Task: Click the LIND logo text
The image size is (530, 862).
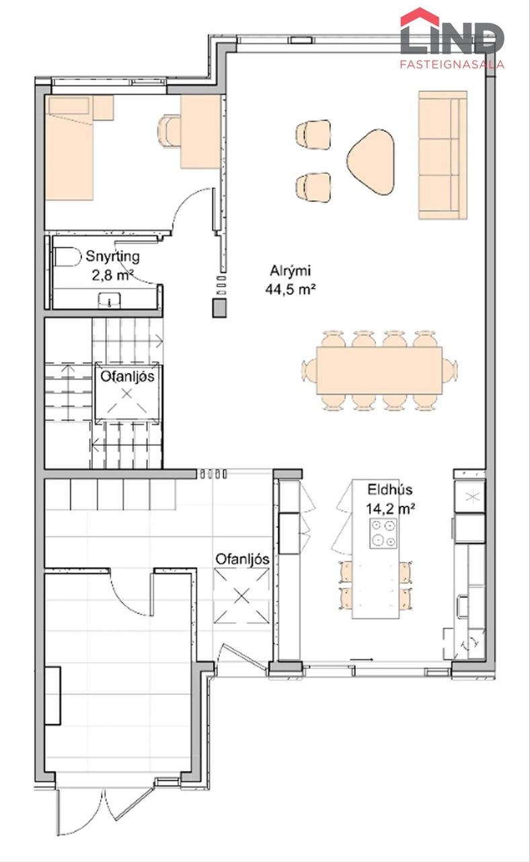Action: [x=452, y=38]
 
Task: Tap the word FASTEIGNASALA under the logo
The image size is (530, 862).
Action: [x=452, y=64]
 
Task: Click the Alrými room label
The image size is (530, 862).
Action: [x=290, y=271]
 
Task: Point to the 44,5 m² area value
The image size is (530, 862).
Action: [x=291, y=289]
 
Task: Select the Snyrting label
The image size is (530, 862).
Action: [x=112, y=257]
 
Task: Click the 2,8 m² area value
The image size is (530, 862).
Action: [x=112, y=275]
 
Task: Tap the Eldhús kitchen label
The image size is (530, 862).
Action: [x=389, y=490]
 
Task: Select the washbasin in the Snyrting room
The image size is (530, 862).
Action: [x=110, y=300]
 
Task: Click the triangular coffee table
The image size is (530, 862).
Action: [x=371, y=162]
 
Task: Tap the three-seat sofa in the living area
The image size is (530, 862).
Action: [x=443, y=155]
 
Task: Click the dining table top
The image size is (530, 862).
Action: [x=379, y=370]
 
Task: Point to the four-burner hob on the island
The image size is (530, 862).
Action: [x=383, y=533]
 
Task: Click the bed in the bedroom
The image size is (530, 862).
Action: [x=69, y=147]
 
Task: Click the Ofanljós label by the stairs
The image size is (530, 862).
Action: [x=127, y=376]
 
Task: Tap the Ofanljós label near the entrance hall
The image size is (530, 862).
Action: [x=242, y=559]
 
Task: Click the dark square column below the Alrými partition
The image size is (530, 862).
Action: [x=219, y=308]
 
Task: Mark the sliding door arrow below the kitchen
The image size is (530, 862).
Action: [x=362, y=659]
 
